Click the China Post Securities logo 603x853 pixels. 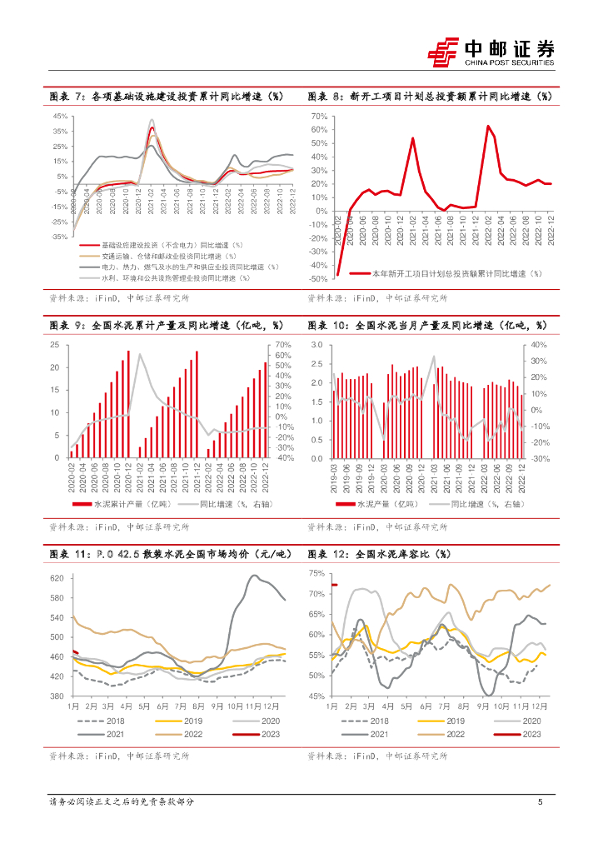tap(491, 51)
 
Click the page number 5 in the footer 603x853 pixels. tap(541, 802)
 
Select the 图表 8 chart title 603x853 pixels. tap(430, 97)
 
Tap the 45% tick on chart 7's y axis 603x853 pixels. tap(61, 117)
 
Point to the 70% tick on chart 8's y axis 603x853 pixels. tap(321, 117)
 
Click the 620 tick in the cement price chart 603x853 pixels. tap(57, 578)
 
